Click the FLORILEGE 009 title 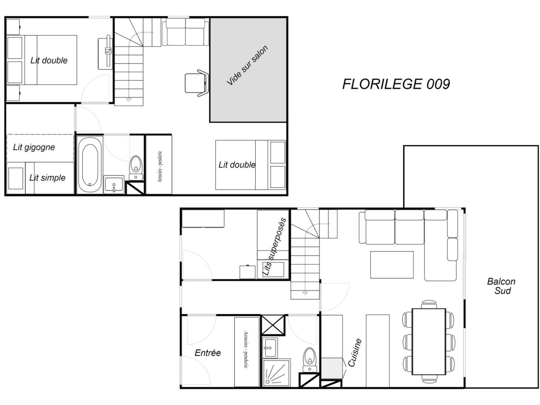click(x=396, y=84)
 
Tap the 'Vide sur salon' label click(x=247, y=65)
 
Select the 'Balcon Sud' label click(x=501, y=286)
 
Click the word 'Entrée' click(x=208, y=353)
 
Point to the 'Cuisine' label click(x=354, y=353)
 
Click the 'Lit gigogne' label click(x=34, y=147)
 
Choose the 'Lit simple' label click(x=48, y=178)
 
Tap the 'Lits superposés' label click(x=274, y=247)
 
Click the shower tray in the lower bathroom click(x=276, y=373)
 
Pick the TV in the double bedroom click(x=108, y=51)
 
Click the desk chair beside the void click(x=197, y=83)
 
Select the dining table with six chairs click(x=429, y=342)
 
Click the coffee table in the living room click(x=391, y=265)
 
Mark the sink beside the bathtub click(x=114, y=185)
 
